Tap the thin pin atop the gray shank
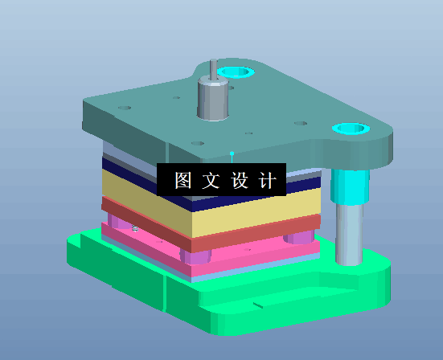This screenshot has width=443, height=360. click(x=214, y=69)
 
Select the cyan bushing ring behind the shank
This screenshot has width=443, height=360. click(x=236, y=72)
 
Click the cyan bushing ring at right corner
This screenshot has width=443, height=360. click(x=351, y=129)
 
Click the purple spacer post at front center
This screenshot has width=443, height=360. click(x=196, y=257)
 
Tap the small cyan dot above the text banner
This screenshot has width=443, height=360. click(x=232, y=152)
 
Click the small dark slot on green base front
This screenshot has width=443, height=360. click(x=257, y=305)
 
